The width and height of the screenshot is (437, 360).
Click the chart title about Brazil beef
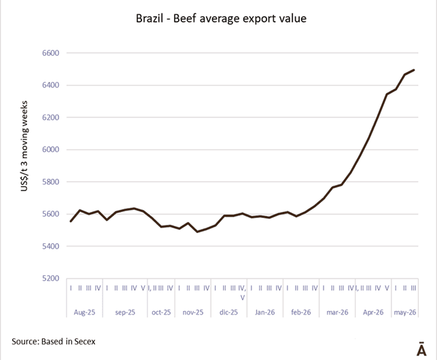[221, 18]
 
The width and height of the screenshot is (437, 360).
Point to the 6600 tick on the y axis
[51, 53]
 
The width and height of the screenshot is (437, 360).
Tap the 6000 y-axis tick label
[51, 149]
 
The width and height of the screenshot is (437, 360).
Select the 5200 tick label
[51, 278]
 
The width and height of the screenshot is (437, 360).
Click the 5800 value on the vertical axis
[51, 181]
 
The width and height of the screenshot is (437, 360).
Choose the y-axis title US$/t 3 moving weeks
[24, 146]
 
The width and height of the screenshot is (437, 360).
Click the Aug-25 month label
[84, 312]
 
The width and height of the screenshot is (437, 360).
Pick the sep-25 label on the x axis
[125, 312]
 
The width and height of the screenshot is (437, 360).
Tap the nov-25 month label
[193, 312]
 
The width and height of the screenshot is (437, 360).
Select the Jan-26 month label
[265, 312]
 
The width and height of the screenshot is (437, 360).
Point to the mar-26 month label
[337, 312]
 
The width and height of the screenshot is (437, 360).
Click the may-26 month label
[405, 312]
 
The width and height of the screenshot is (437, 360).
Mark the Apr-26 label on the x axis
[373, 312]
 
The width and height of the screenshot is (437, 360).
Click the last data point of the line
[414, 70]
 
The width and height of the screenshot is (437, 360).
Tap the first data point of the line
[71, 221]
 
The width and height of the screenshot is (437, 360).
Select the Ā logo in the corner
[421, 348]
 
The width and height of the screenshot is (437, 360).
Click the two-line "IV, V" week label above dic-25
[242, 293]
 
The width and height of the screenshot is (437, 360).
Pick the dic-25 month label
[228, 312]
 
